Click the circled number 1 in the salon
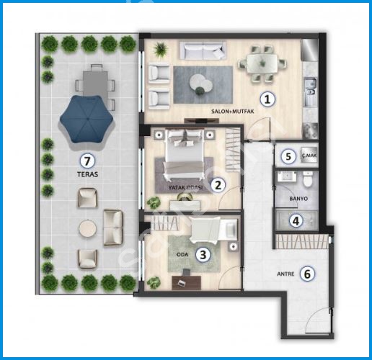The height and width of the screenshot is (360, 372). point(267,99)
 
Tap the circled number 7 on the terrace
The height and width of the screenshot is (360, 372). point(87,161)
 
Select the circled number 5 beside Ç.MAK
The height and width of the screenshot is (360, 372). point(288,156)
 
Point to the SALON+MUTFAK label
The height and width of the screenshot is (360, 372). point(232,112)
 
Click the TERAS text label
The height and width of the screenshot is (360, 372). point(88,174)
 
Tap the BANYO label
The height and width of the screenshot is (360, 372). point(298,199)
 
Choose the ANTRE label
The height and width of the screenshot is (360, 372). point(285,274)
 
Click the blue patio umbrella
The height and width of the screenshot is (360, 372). point(87,120)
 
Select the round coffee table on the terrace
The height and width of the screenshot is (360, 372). point(88,229)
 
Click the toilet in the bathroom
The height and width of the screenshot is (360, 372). point(307,179)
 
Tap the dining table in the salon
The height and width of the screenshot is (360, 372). point(262,63)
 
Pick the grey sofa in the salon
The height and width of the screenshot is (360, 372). point(203,51)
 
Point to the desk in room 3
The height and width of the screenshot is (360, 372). point(187,283)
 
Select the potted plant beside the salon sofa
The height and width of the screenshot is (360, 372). point(161,50)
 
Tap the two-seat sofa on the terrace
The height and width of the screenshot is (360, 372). point(113,228)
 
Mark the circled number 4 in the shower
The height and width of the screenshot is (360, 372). point(296,220)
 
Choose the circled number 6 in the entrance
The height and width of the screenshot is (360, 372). point(307,274)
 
